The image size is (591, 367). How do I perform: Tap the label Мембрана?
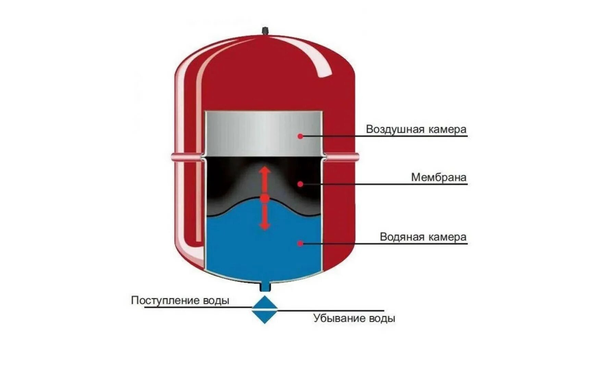439,177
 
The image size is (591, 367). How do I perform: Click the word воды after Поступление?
216,300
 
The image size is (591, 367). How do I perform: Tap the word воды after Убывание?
382,318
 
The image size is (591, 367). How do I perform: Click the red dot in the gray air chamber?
300,136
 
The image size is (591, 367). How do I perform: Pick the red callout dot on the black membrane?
300,184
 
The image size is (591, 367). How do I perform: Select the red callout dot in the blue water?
300,244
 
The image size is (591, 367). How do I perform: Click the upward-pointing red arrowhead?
264,170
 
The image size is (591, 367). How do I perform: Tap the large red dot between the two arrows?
264,198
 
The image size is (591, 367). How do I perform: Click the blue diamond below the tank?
264,310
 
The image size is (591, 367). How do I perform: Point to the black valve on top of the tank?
264,31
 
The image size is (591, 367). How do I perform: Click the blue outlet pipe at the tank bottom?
264,287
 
